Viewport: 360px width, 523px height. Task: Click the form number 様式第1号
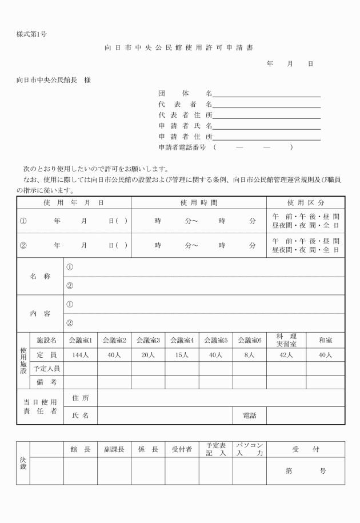pos(31,34)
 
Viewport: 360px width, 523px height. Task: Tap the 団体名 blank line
pos(266,93)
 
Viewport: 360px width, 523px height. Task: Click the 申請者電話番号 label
pos(184,147)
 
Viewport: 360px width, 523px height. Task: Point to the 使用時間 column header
pos(198,203)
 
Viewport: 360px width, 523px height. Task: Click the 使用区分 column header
pos(306,203)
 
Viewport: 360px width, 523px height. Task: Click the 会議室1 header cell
pos(80,340)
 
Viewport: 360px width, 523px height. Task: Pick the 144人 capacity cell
pos(80,355)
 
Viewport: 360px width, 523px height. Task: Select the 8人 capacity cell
pos(249,355)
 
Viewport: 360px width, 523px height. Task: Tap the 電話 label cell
pos(249,416)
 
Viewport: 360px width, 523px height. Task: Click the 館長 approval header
pos(80,450)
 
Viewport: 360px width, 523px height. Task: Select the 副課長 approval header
pos(114,450)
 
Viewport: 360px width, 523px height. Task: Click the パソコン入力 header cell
pos(249,450)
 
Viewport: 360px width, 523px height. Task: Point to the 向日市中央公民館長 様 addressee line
pos(54,79)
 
